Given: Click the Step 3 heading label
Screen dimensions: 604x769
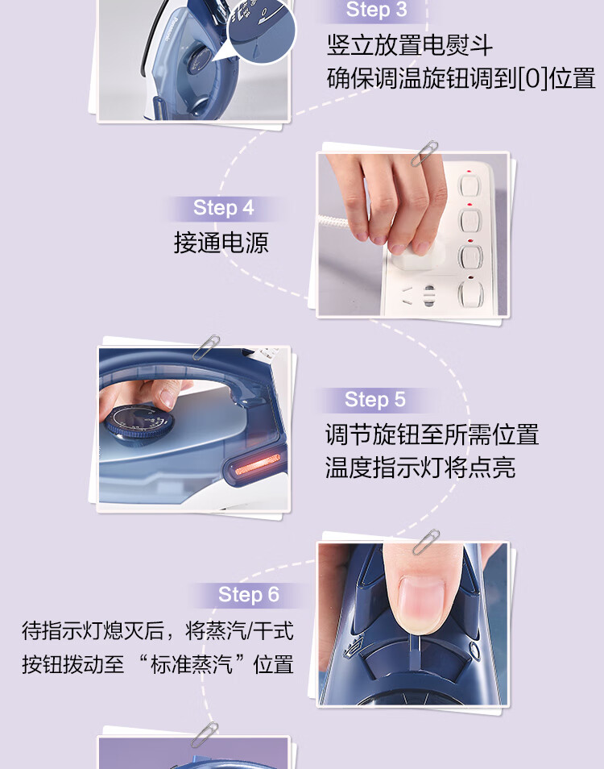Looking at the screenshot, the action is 376,10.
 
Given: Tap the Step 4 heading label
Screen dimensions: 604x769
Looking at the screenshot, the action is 223,208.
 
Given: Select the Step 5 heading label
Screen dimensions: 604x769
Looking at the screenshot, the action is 374,400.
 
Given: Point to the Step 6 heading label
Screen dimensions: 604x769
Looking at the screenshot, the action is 248,594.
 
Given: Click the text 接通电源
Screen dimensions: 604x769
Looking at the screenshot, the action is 221,243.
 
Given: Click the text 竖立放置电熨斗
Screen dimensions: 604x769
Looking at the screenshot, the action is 410,45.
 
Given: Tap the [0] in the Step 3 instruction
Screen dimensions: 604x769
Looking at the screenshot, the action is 532,78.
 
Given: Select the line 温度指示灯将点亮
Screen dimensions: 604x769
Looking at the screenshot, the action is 420,468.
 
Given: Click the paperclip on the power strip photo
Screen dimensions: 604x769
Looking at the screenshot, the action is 424,153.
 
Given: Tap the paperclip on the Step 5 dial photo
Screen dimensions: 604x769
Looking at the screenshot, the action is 205,347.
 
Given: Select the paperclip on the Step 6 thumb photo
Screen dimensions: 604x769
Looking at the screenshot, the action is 426,542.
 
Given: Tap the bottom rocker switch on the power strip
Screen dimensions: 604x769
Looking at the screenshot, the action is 471,293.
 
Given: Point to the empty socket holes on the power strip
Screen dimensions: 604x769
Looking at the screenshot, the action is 418,294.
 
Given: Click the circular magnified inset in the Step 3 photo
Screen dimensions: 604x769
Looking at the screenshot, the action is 261,31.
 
